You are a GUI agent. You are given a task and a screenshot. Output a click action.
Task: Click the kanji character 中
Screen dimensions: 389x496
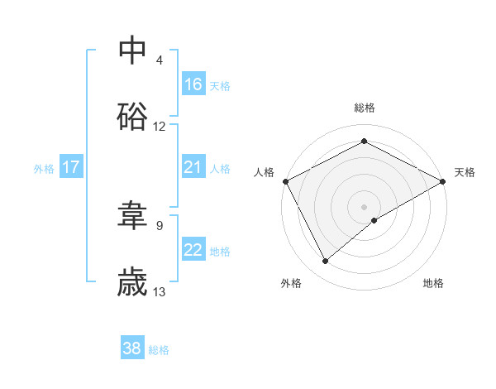tap(133, 50)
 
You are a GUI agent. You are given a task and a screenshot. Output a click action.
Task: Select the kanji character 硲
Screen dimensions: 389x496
tap(133, 117)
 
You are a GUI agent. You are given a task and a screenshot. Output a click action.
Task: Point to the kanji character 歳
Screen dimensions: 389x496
tap(133, 282)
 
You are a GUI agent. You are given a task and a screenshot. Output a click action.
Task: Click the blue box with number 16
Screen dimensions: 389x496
tap(193, 84)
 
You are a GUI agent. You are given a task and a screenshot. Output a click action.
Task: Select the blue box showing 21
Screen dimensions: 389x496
tap(193, 167)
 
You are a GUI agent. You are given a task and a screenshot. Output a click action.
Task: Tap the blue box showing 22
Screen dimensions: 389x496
tap(193, 250)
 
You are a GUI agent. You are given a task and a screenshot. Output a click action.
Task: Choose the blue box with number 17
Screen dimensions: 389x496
tap(71, 167)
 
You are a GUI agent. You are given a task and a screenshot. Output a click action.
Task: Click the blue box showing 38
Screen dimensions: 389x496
tap(132, 348)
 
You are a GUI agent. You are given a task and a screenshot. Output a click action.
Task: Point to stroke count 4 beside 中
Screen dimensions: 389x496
tap(160, 60)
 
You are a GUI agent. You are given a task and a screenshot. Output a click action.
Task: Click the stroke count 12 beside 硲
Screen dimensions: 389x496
tap(160, 127)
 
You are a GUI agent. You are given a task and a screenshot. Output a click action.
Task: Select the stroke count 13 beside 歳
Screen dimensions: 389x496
tap(160, 292)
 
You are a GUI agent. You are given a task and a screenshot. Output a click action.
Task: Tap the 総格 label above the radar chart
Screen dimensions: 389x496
tap(365, 108)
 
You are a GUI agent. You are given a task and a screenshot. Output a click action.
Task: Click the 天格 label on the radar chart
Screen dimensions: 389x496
tap(465, 172)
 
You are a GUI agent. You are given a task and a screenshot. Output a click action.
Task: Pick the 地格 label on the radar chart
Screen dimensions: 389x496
tap(433, 283)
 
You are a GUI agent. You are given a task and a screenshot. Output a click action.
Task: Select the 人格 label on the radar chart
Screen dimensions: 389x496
tap(264, 172)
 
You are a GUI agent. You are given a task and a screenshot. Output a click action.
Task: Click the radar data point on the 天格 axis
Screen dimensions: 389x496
tap(443, 180)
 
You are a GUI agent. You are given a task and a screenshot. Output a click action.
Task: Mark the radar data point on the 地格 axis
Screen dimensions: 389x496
tap(374, 220)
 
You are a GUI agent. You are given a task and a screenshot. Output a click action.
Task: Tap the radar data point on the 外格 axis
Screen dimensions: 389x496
tap(326, 262)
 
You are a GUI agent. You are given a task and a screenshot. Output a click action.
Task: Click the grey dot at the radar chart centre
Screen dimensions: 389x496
tap(365, 206)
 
